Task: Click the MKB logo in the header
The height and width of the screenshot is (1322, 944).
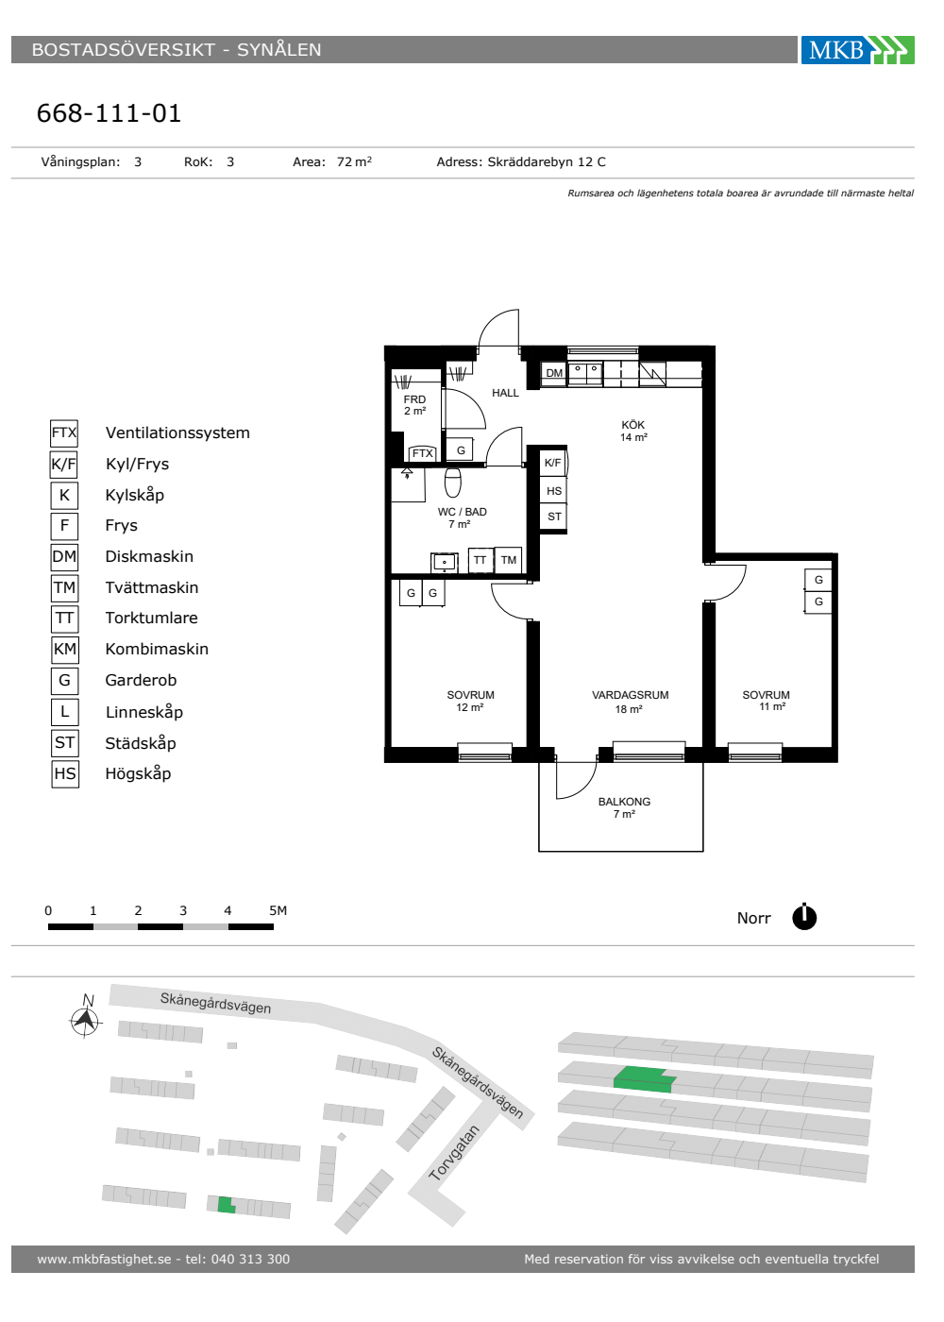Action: coord(857,49)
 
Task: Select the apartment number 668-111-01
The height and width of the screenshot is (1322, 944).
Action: coord(110,113)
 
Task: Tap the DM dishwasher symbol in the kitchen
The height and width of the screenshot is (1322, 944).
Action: coord(554,373)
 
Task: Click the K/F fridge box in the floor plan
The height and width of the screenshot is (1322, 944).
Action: coord(553,463)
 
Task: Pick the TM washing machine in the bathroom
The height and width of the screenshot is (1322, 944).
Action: coord(509,560)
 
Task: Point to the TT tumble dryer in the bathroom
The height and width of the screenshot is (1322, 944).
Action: coord(480,560)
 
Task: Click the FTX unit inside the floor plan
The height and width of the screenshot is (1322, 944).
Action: coord(423,453)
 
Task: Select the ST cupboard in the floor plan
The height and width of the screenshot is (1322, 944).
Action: coord(554,517)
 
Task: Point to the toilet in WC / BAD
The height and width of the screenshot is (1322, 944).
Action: coord(452,483)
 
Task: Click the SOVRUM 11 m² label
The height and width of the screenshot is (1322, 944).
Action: coord(766,701)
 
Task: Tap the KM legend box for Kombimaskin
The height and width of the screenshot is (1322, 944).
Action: coord(65,650)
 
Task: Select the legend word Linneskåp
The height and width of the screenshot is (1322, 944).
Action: coord(143,712)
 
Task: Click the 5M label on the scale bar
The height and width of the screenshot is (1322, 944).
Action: coord(278,910)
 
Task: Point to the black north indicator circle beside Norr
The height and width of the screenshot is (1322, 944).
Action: coord(804,917)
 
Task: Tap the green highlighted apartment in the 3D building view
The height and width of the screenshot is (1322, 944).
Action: coord(644,1080)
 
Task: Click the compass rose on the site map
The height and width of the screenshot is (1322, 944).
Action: coord(86,1020)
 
